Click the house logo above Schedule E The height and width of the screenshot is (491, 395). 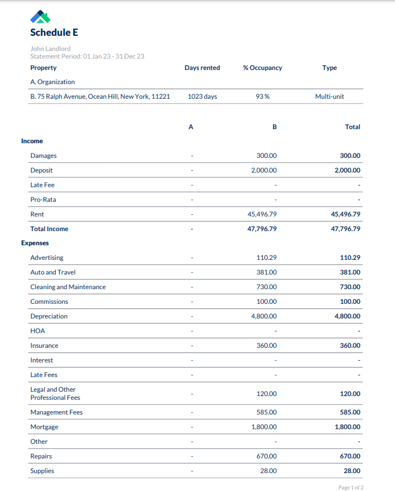click(x=41, y=17)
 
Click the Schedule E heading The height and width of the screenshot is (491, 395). click(x=54, y=33)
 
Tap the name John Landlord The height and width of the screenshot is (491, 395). click(x=50, y=49)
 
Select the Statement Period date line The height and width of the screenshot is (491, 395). click(x=87, y=56)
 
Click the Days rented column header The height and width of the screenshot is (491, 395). click(x=202, y=68)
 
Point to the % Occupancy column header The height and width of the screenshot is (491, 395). click(x=262, y=68)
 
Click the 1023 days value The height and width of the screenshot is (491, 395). click(x=202, y=97)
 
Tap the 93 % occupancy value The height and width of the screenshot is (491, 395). click(x=263, y=97)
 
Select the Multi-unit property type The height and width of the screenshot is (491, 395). click(x=329, y=97)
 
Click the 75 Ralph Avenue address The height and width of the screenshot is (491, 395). click(x=100, y=97)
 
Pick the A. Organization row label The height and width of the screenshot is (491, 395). click(x=53, y=82)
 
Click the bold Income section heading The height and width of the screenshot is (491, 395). click(x=32, y=141)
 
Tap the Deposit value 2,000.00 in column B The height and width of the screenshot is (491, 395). click(x=264, y=170)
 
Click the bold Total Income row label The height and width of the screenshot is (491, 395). click(x=49, y=229)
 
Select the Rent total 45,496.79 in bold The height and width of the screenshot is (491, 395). click(x=345, y=214)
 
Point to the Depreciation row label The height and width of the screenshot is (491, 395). click(x=49, y=316)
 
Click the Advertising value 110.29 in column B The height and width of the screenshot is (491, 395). click(x=266, y=258)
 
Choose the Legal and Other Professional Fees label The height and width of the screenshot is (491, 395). click(x=55, y=393)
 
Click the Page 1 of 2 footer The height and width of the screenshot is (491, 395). click(x=351, y=488)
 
